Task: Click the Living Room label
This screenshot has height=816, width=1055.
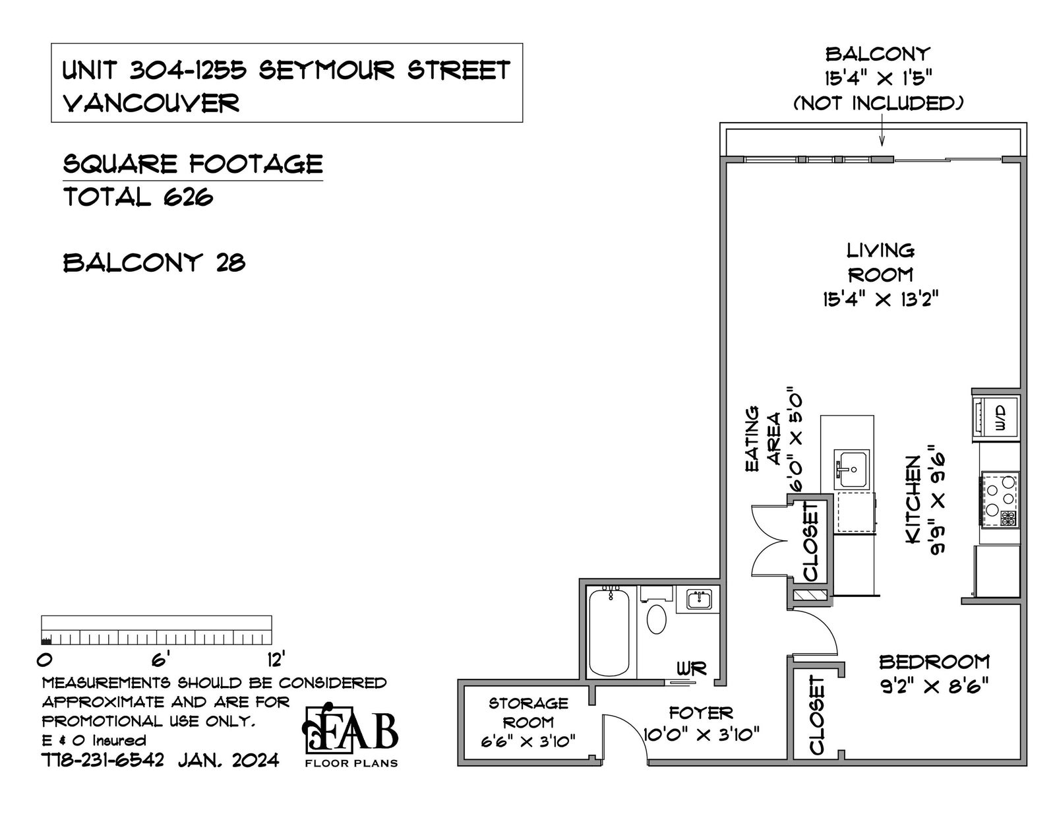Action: click(880, 263)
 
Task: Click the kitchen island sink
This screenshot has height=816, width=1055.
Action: click(851, 469)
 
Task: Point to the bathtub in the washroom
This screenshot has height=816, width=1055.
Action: click(609, 632)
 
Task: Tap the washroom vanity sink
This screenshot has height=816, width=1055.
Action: click(699, 600)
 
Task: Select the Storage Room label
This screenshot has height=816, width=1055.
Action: click(528, 712)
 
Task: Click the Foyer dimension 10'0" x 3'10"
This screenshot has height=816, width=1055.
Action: click(701, 735)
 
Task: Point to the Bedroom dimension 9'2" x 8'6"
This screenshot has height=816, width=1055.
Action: click(934, 687)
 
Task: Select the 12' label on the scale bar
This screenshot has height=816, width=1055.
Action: click(276, 660)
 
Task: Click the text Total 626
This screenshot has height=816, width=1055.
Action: click(138, 197)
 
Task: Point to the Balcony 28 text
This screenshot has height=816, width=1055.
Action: click(154, 263)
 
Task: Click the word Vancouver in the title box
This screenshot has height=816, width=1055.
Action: click(151, 103)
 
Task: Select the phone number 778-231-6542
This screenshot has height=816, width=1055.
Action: click(103, 760)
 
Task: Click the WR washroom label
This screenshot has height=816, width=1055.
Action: click(692, 669)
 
